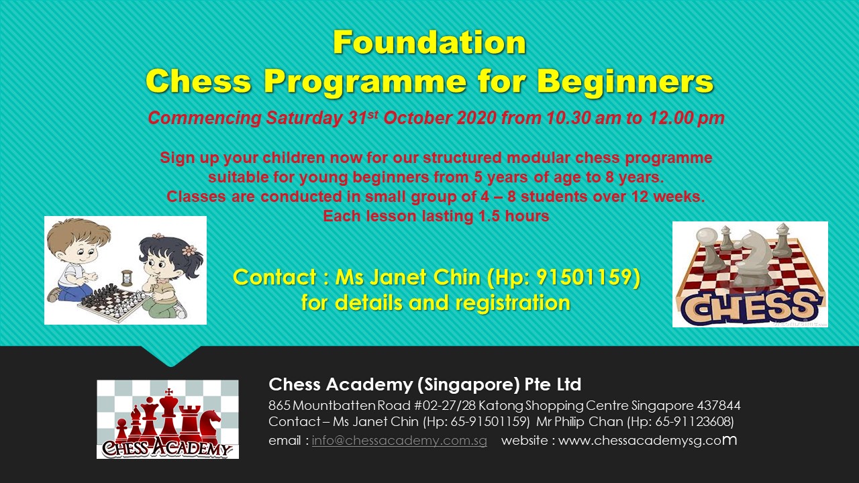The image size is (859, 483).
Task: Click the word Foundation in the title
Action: click(x=429, y=43)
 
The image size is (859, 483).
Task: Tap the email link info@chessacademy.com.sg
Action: click(x=399, y=441)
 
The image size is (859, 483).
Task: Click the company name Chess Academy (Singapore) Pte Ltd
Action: click(x=425, y=384)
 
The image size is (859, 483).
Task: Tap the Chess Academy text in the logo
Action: click(x=167, y=447)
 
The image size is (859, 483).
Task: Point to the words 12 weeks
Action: click(x=674, y=197)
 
